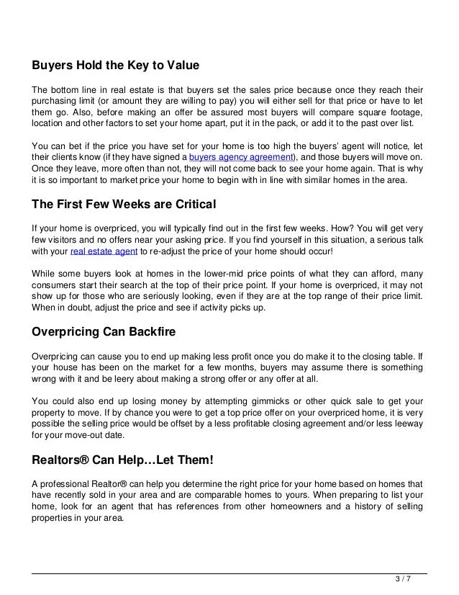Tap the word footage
406,112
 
